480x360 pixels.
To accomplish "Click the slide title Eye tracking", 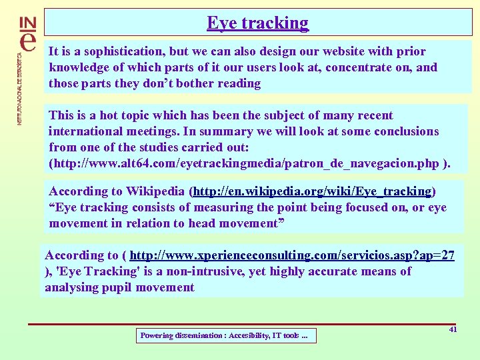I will point(258,23).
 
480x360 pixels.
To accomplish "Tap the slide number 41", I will point(453,329).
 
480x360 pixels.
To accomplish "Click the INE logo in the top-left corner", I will point(29,33).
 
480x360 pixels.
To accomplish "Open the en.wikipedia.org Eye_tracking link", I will point(312,191).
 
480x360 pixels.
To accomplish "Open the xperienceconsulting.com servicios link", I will point(292,255).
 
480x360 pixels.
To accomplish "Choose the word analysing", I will point(71,287).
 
